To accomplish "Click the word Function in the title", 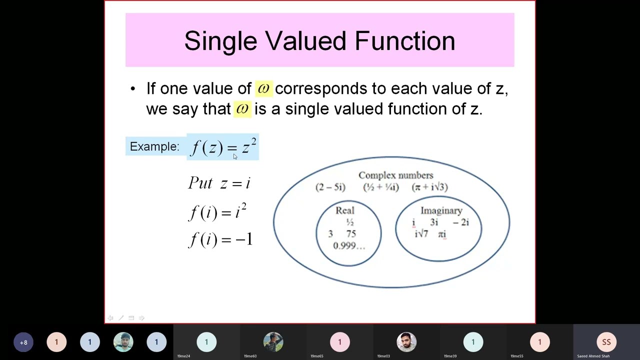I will (405, 41).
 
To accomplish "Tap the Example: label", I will (154, 146).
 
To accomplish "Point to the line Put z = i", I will (219, 183).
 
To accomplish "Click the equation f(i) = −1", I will (220, 239).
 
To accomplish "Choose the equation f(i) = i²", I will (217, 212).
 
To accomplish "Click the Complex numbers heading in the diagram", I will (395, 175).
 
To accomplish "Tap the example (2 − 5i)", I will (330, 187).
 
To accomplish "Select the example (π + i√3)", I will (429, 187).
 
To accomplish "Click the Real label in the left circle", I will (345, 210).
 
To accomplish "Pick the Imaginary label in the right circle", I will (441, 210).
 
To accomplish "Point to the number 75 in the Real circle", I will (350, 233).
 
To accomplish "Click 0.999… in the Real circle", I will (348, 245).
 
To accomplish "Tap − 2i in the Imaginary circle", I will (460, 222).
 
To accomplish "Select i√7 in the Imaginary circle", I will (421, 234).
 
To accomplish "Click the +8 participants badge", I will (23, 342).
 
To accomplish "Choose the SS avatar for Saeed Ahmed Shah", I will (606, 342).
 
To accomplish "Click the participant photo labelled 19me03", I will (406, 342).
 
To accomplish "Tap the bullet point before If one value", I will (132, 89).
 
